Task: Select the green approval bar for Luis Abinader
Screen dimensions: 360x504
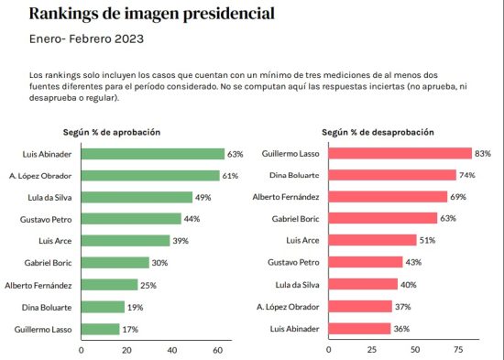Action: [153, 154]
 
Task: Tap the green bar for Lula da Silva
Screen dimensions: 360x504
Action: [137, 197]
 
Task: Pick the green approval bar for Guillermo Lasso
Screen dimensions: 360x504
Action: [101, 328]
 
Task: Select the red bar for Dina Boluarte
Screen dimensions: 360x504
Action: [384, 175]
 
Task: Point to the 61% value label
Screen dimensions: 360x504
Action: [230, 175]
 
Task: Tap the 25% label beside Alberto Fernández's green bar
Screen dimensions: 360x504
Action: [148, 285]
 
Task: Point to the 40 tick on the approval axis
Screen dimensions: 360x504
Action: [172, 349]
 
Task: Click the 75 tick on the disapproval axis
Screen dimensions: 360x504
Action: [458, 349]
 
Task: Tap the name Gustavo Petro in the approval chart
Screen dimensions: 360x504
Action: [47, 219]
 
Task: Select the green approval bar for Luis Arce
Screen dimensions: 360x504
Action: [126, 241]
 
